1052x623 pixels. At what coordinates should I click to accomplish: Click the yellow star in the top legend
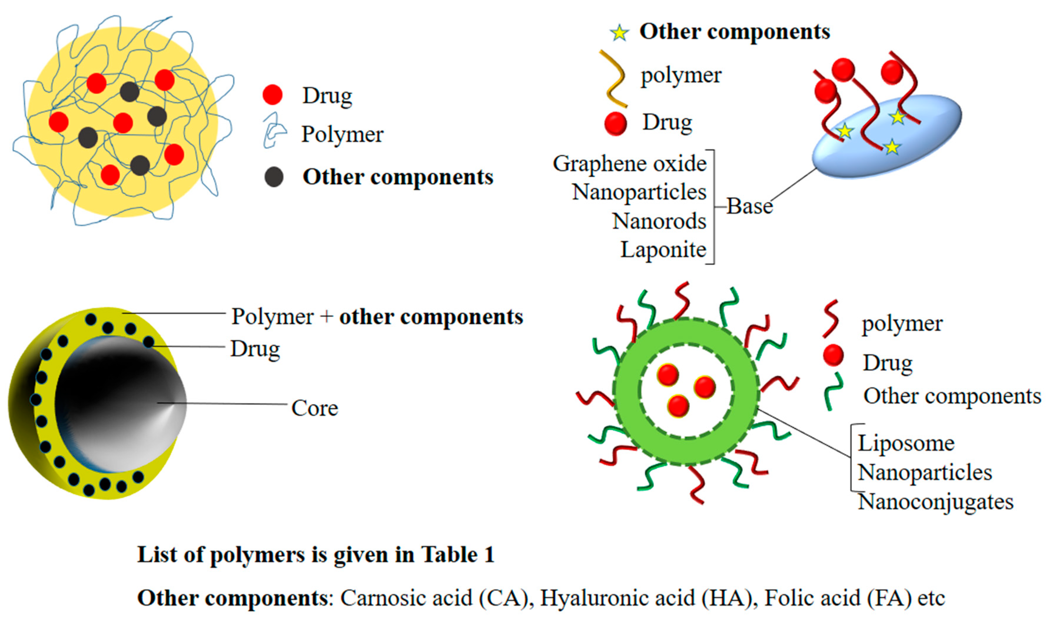coord(619,33)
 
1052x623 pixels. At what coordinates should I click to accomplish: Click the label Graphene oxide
coord(629,163)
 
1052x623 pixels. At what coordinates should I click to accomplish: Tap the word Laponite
coord(663,250)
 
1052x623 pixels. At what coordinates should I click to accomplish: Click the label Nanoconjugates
coord(935,502)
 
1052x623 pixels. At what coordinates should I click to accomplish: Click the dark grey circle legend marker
coord(274,177)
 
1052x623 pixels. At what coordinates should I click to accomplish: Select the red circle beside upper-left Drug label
coord(273,95)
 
